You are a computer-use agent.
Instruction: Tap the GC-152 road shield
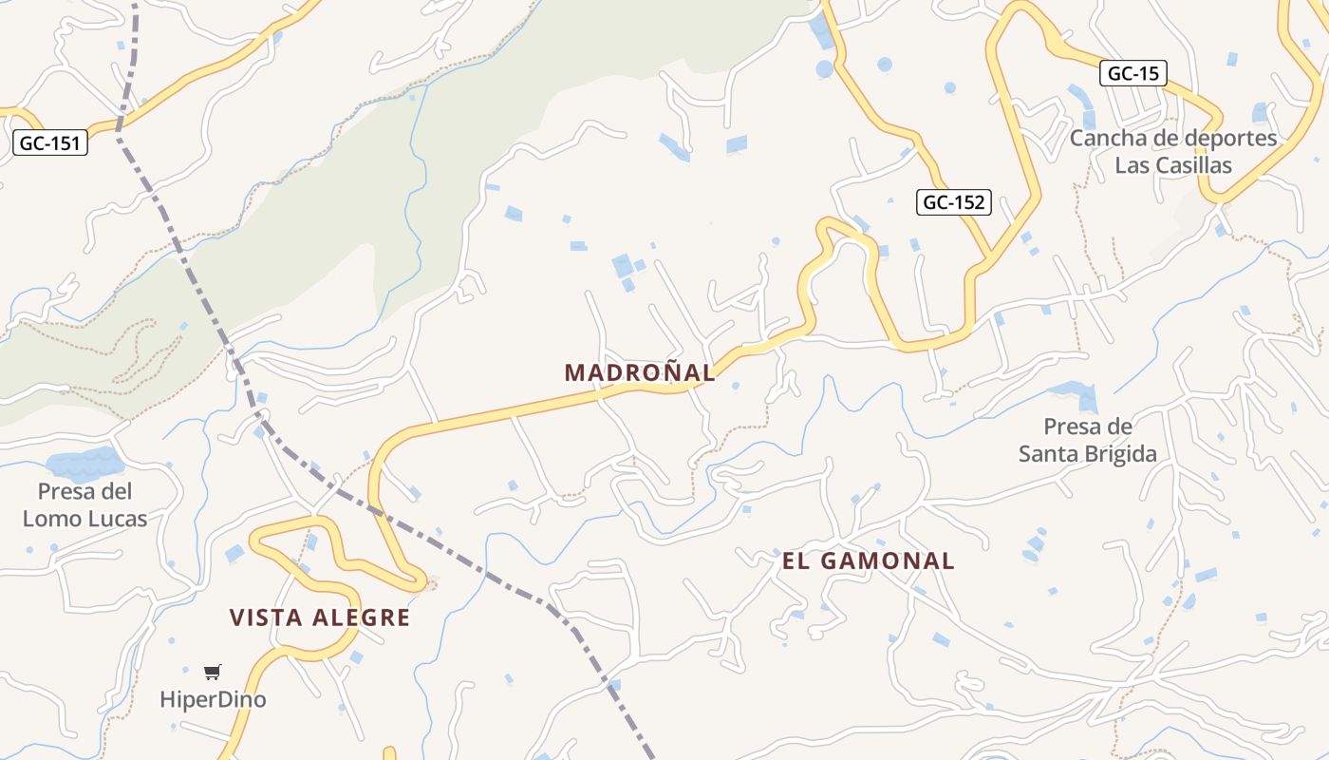tap(954, 201)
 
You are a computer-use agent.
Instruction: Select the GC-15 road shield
tap(1133, 73)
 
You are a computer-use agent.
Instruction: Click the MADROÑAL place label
tap(640, 372)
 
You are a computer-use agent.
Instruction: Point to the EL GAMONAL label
tap(868, 560)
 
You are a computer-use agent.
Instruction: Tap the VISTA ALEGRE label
tap(320, 617)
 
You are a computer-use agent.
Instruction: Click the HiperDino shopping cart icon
tap(213, 673)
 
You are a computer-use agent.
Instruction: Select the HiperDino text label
tap(213, 700)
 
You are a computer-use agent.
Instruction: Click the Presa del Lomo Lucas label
tap(84, 504)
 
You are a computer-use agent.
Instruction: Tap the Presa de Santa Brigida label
tap(1088, 440)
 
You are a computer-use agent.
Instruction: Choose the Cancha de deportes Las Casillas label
tap(1173, 151)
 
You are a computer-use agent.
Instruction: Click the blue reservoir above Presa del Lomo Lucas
tap(84, 464)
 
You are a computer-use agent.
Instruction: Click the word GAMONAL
tap(887, 560)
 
